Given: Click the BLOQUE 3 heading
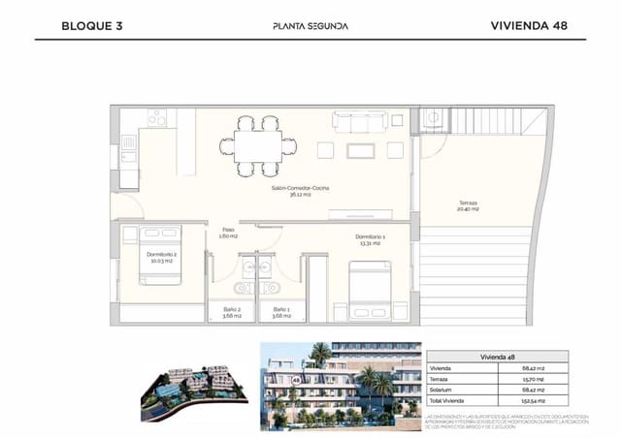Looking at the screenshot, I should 91,26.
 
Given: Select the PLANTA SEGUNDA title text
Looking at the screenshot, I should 310,26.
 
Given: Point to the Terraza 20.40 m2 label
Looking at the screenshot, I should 468,206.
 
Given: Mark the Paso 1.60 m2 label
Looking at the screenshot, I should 229,233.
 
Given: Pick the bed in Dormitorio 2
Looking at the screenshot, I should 160,256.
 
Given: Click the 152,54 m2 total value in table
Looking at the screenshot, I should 534,400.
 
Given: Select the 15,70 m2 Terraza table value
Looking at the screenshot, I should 534,378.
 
